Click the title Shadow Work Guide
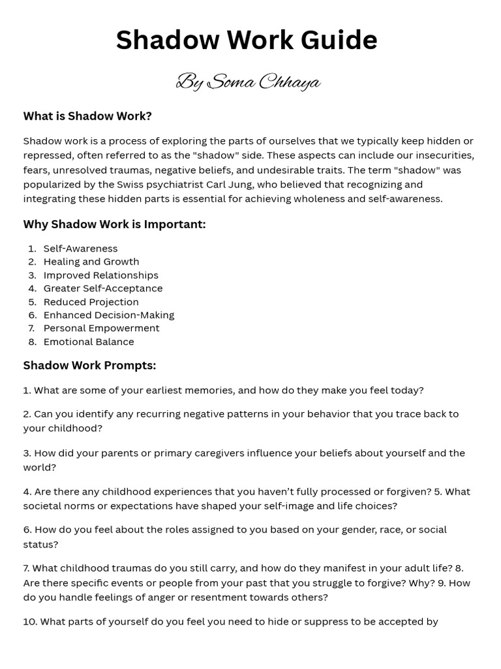[247, 41]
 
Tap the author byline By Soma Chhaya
[248, 82]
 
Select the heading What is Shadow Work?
[87, 116]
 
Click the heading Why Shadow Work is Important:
[114, 224]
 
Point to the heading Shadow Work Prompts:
[89, 365]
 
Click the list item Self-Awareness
[80, 248]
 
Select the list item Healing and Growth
[91, 261]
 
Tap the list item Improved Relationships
[100, 275]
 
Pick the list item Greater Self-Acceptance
[103, 288]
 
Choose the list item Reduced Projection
[91, 302]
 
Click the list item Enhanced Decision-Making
[108, 315]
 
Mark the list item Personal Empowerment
[101, 328]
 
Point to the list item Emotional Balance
[88, 342]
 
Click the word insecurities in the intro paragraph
[441, 155]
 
